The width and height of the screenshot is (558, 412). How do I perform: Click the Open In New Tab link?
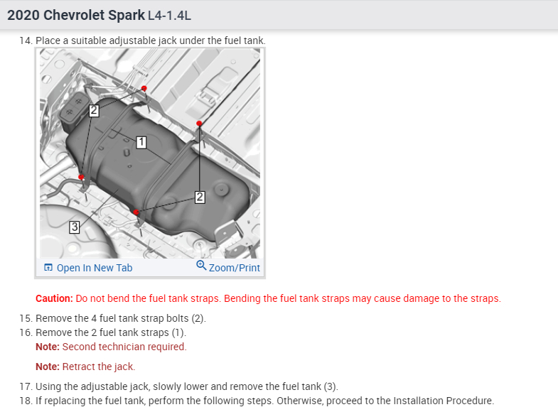(95, 268)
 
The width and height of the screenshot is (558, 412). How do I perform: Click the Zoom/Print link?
(234, 268)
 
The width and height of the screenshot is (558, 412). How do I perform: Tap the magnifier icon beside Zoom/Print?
(201, 265)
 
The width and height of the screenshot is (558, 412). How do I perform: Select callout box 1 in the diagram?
(141, 142)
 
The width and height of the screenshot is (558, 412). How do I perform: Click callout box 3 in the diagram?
(75, 227)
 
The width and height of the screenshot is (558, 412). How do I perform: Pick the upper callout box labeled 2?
(94, 111)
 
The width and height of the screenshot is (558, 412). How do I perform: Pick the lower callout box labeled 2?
(200, 197)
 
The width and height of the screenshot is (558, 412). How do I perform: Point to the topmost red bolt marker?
(144, 88)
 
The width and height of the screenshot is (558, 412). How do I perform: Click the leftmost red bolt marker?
(81, 177)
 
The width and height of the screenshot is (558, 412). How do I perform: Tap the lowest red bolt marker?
(136, 212)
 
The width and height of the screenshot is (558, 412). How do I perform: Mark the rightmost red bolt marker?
(199, 124)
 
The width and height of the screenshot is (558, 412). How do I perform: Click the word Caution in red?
(54, 298)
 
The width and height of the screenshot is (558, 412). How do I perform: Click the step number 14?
(26, 40)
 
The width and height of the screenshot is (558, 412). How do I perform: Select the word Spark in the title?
(127, 16)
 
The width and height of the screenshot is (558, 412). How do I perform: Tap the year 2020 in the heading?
(23, 16)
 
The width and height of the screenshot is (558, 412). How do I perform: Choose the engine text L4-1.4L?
(169, 16)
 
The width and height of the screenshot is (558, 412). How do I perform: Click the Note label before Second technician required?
(48, 347)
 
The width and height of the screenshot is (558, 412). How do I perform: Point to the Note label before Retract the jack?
(48, 367)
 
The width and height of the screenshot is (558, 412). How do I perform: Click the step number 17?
(26, 386)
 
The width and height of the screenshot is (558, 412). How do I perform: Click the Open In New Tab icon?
(48, 267)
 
